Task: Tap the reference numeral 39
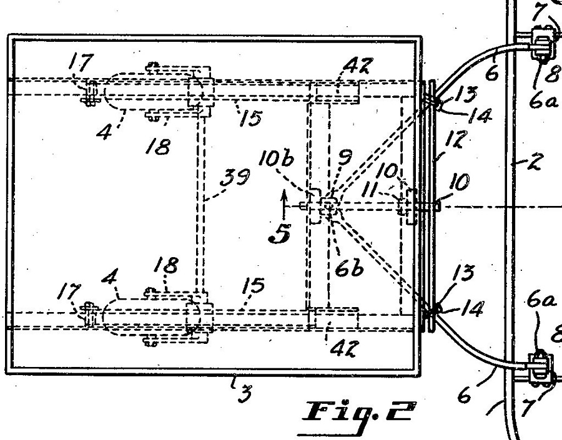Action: coord(235,177)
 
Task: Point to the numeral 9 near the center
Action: coord(344,157)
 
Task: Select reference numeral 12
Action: coord(456,139)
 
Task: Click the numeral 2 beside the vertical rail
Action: coord(535,162)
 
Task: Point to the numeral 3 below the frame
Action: coord(245,393)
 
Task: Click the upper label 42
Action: coord(357,66)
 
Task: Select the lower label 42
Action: coord(343,348)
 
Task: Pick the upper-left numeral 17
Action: coord(81,62)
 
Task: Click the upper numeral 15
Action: coord(250,117)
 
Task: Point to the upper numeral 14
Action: coord(480,115)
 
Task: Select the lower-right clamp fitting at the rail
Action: coord(539,368)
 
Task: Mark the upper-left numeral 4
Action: coord(104,132)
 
